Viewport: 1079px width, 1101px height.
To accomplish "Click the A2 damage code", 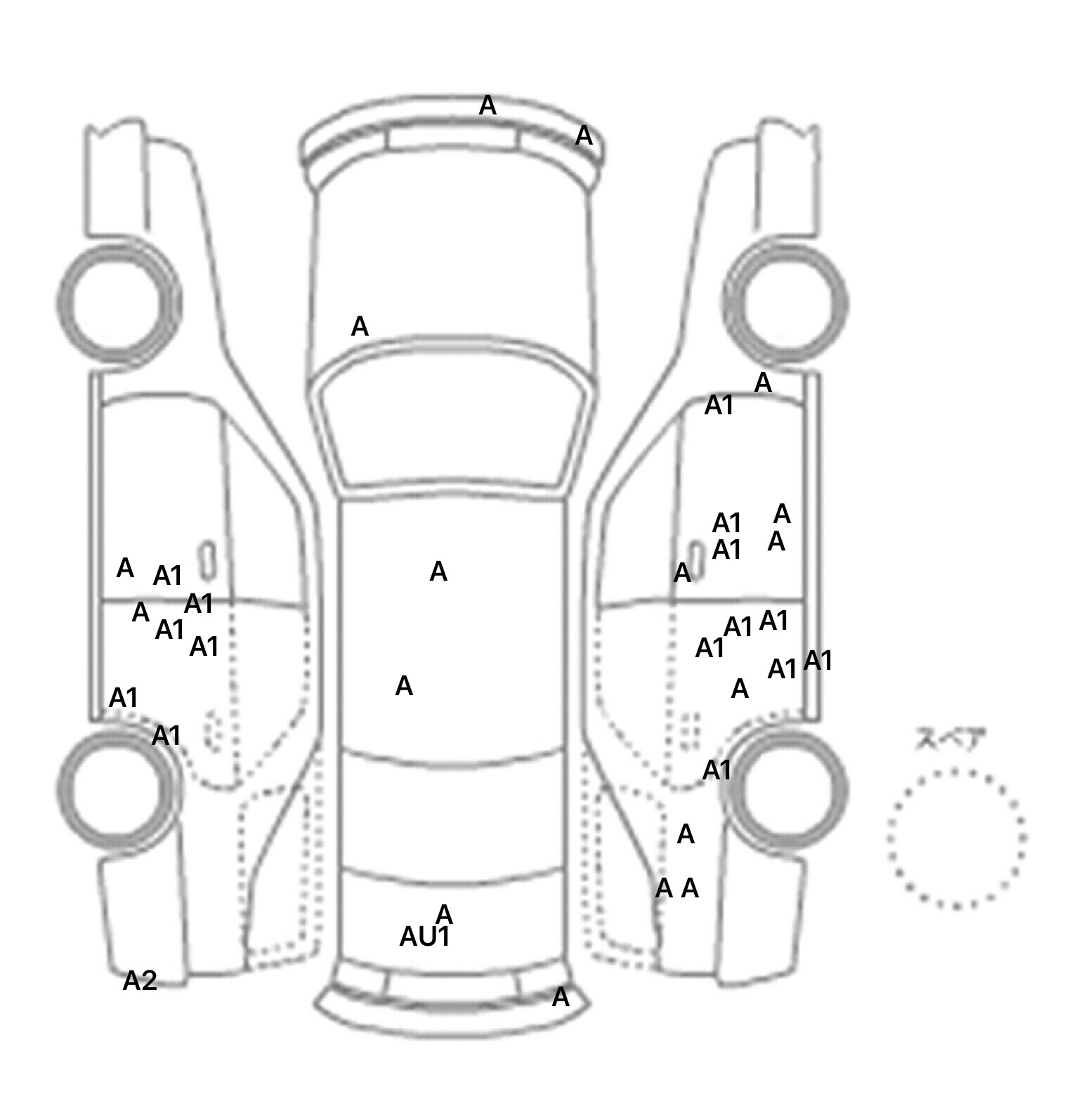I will pyautogui.click(x=139, y=981).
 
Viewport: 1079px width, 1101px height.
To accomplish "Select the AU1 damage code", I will pyautogui.click(x=424, y=937).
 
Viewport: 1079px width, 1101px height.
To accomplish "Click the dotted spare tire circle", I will pyautogui.click(x=956, y=837).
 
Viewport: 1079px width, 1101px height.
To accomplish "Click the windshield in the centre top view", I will pyautogui.click(x=453, y=424).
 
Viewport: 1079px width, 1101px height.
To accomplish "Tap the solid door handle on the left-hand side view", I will pyautogui.click(x=207, y=560).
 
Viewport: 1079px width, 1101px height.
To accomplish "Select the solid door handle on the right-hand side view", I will pyautogui.click(x=695, y=560).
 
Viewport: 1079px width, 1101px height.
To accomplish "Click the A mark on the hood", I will pyautogui.click(x=360, y=327).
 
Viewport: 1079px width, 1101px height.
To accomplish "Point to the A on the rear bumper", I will pyautogui.click(x=560, y=997).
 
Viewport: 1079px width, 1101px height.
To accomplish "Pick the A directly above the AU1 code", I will pyautogui.click(x=444, y=914).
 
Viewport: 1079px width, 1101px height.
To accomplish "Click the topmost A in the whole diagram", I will pyautogui.click(x=488, y=106).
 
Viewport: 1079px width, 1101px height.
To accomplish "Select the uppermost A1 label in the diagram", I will pyautogui.click(x=719, y=405).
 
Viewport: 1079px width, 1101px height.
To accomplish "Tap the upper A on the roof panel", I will pyautogui.click(x=438, y=572).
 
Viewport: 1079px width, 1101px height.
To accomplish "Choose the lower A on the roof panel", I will pyautogui.click(x=404, y=686).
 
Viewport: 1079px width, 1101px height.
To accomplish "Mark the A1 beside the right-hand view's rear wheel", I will pyautogui.click(x=717, y=770).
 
